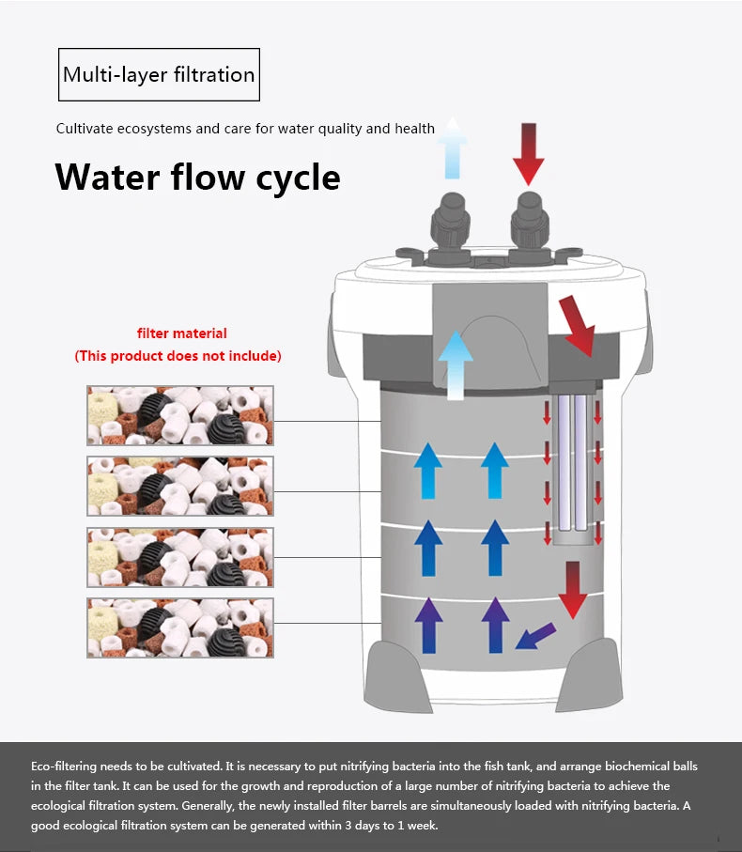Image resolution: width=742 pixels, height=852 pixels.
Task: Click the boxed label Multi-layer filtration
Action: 159,74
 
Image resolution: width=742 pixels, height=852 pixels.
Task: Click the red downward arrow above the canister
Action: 529,152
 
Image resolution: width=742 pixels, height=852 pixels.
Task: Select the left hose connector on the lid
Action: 450,225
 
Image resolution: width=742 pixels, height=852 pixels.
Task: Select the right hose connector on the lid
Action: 529,225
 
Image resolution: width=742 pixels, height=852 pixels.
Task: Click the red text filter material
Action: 182,333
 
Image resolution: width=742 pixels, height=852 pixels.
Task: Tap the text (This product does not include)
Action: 178,356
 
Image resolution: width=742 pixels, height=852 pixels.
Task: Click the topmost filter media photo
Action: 180,414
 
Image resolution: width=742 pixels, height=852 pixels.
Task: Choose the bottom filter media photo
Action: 180,627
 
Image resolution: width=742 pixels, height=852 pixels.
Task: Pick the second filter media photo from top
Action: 180,486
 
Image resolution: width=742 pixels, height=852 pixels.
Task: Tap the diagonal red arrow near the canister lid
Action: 578,326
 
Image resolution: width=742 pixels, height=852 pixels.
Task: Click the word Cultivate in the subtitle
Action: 84,129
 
